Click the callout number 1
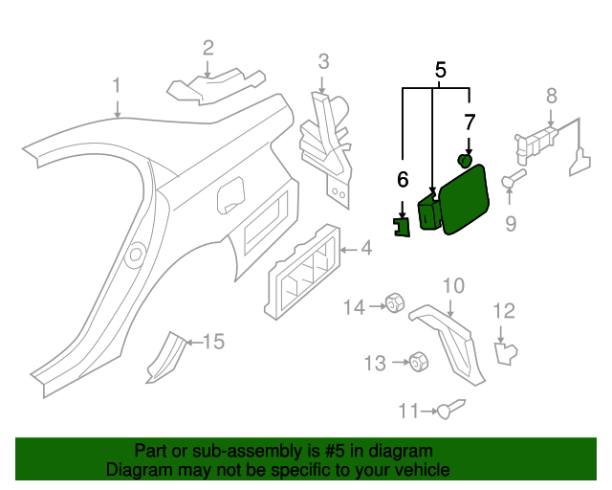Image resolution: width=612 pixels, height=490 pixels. pyautogui.click(x=117, y=86)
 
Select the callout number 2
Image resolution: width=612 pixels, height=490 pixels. pyautogui.click(x=208, y=47)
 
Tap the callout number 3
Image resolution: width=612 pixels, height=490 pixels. pyautogui.click(x=323, y=62)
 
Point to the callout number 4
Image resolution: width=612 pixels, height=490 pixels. pyautogui.click(x=365, y=251)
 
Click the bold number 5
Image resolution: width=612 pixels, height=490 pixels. pyautogui.click(x=441, y=70)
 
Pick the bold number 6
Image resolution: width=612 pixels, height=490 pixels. pyautogui.click(x=403, y=179)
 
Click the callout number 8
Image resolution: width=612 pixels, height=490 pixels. pyautogui.click(x=551, y=95)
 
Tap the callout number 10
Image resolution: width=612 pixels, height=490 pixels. pyautogui.click(x=453, y=285)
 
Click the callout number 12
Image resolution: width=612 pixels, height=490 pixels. pyautogui.click(x=504, y=310)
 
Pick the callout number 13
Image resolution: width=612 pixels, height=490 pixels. pyautogui.click(x=375, y=363)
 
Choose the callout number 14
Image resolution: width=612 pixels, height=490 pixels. pyautogui.click(x=355, y=306)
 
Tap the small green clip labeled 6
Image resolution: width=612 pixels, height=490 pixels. pyautogui.click(x=404, y=226)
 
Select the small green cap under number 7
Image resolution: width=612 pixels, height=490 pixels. pyautogui.click(x=465, y=160)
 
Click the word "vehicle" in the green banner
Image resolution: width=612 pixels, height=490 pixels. pyautogui.click(x=418, y=471)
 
